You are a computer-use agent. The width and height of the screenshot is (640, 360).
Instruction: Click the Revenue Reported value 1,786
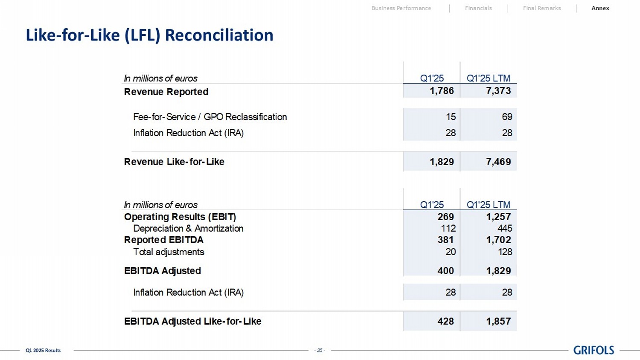(442, 91)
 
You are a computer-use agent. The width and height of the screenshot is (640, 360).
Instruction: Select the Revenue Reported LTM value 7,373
(498, 91)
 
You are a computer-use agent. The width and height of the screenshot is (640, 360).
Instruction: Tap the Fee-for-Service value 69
(507, 117)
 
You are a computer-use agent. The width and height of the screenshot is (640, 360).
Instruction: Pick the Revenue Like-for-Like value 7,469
(498, 162)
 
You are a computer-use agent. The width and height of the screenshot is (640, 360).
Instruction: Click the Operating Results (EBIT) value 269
(445, 217)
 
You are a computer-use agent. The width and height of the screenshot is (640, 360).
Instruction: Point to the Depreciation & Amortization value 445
(505, 228)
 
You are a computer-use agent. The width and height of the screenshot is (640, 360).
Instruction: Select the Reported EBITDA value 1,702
(498, 240)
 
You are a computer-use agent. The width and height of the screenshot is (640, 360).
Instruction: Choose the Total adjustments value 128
(505, 252)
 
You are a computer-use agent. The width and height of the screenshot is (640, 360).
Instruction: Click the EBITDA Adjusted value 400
(445, 270)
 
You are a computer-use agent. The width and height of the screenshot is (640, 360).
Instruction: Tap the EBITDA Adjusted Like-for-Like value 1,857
(498, 321)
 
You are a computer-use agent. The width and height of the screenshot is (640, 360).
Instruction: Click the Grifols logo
(593, 350)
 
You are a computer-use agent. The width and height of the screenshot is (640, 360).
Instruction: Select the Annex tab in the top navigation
(600, 8)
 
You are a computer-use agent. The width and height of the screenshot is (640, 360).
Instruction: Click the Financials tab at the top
(478, 8)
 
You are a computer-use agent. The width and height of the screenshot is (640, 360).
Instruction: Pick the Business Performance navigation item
(401, 8)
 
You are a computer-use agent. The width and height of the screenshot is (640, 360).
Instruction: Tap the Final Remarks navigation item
(542, 8)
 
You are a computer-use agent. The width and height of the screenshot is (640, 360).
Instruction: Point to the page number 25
(320, 351)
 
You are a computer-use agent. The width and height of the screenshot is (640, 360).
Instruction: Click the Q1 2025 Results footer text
(43, 351)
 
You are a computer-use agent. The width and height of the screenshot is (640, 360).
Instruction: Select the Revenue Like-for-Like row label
(174, 162)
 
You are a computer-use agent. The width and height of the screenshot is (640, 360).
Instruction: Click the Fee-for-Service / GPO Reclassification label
(210, 117)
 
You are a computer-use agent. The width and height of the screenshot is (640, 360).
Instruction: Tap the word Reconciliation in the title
(219, 35)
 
